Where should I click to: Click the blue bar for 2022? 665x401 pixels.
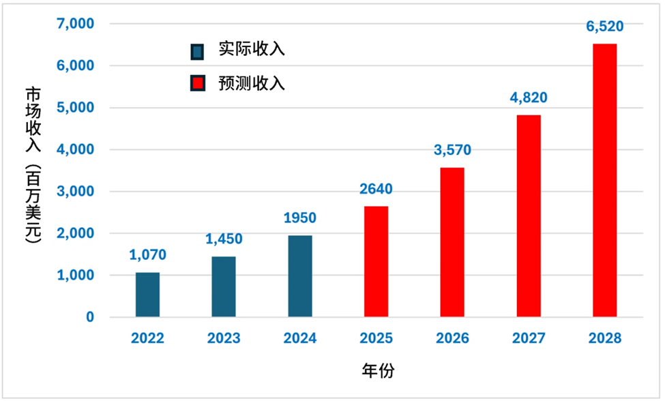point(147,295)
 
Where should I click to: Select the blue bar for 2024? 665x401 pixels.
point(300,276)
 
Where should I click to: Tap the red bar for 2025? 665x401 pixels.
point(376,262)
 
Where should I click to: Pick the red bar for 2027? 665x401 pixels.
point(529,216)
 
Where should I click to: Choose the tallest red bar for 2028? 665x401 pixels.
point(605,181)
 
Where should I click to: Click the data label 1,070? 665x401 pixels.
point(147,255)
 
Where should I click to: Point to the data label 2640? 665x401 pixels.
point(376,189)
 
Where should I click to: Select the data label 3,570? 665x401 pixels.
point(452,150)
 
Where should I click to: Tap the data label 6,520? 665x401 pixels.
point(605,27)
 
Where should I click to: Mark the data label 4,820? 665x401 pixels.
point(529,98)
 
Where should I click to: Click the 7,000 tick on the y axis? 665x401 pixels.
point(76,24)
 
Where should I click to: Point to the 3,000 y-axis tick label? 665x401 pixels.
point(76,191)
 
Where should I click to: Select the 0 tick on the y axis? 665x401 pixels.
point(90,317)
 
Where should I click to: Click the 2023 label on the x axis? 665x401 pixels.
point(224,338)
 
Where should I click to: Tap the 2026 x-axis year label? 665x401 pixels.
point(452,338)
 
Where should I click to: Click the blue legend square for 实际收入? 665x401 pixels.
point(197,52)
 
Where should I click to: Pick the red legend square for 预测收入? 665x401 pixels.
point(198,83)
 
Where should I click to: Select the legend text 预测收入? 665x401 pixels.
point(252,83)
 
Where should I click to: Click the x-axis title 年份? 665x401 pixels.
point(379,370)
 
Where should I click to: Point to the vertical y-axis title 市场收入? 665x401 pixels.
point(33,120)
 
